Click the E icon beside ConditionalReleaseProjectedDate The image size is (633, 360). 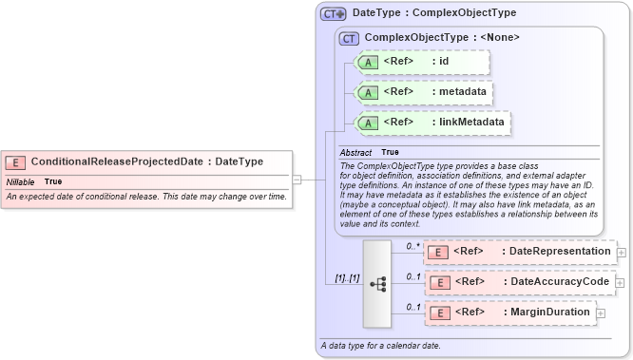coord(16,161)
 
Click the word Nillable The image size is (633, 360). coord(20,180)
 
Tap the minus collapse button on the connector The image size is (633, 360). coord(297,178)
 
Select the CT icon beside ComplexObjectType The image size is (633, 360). coord(349,38)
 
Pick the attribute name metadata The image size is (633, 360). coord(461,92)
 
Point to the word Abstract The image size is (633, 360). coord(355,152)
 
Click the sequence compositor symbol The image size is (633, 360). coord(377,282)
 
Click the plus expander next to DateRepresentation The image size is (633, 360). coord(622,252)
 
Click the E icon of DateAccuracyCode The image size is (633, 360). coord(438,282)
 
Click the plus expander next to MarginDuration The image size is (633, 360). coord(601,313)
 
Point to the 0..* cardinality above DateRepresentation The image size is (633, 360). coord(412,245)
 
